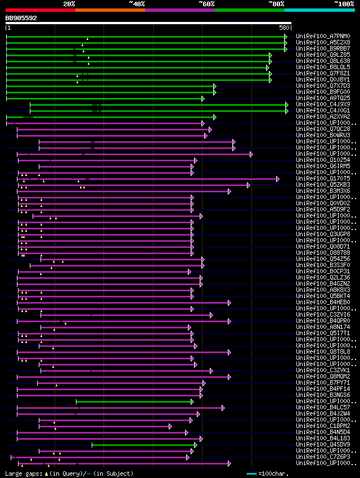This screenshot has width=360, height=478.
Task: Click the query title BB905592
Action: [21, 18]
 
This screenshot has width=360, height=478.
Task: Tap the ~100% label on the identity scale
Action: [344, 4]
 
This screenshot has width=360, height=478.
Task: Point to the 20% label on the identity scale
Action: [69, 4]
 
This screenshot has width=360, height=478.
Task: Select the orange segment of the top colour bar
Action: [110, 10]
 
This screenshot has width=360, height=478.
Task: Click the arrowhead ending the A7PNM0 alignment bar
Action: [286, 37]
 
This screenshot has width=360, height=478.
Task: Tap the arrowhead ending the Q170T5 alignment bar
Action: [277, 179]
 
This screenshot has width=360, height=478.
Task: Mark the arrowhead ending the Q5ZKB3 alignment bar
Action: [248, 185]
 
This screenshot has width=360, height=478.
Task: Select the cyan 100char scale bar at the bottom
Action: [252, 474]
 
